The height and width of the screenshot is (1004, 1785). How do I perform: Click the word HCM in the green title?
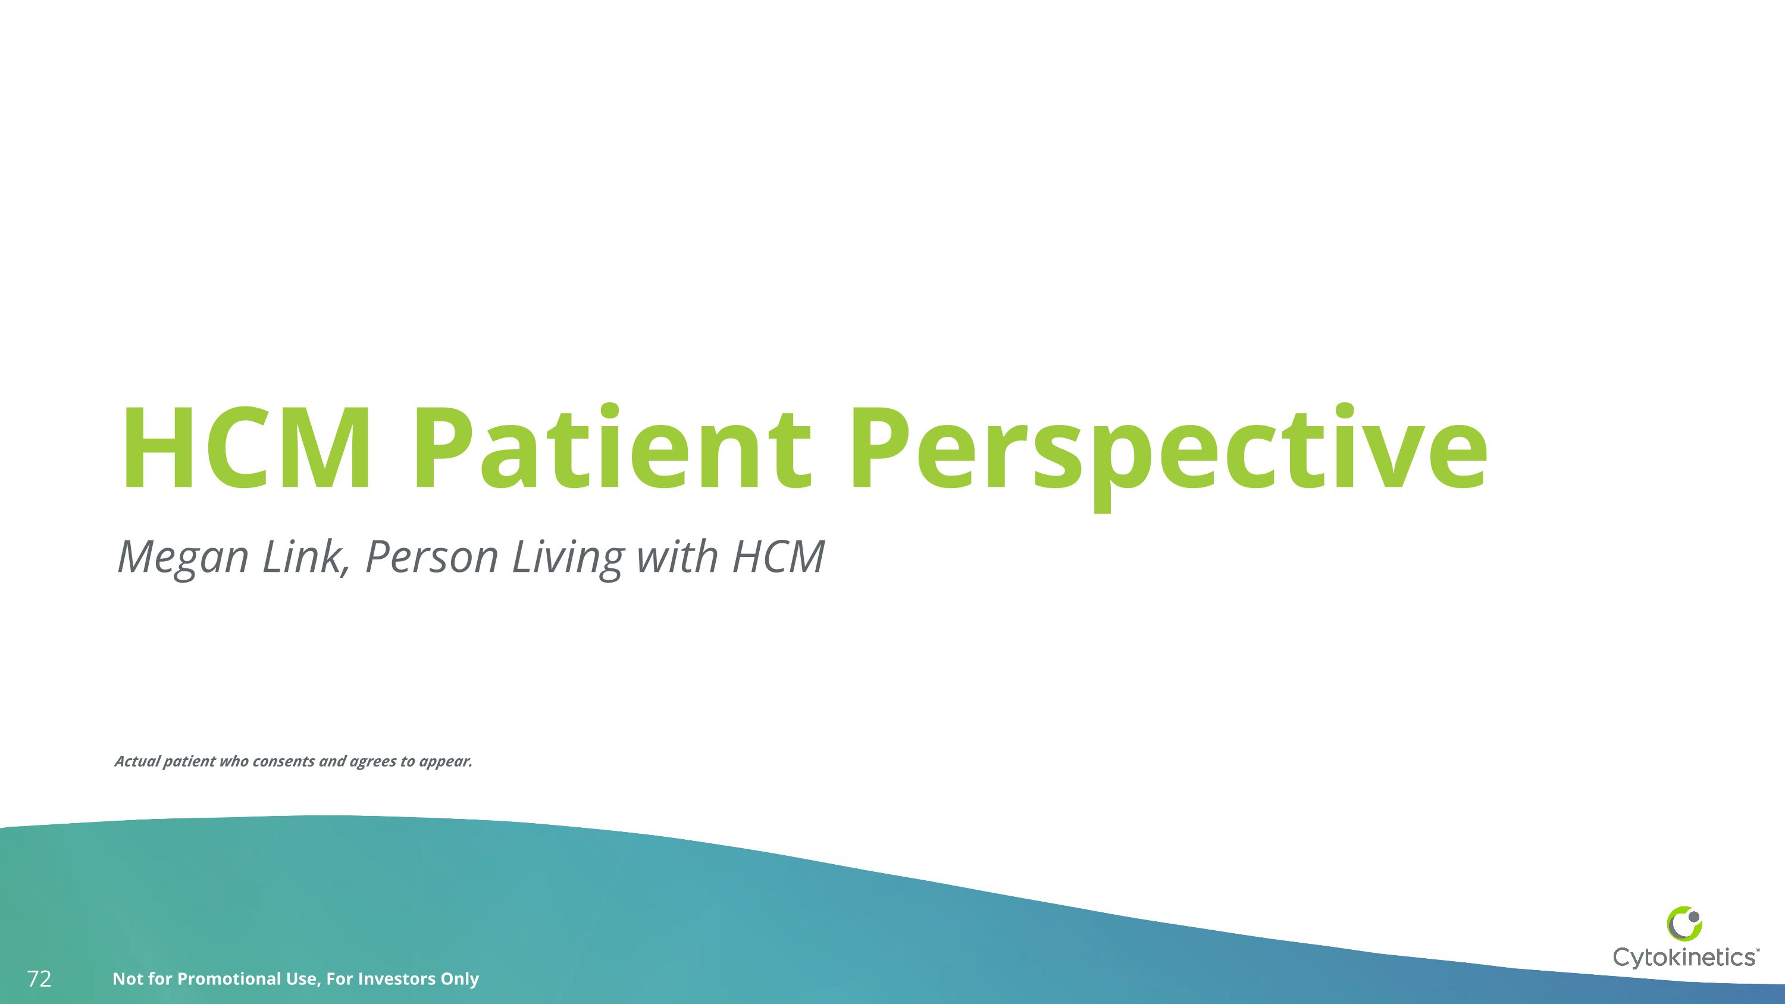[x=246, y=449]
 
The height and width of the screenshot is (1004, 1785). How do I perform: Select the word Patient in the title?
[x=611, y=449]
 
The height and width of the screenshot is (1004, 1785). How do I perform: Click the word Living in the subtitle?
[x=568, y=557]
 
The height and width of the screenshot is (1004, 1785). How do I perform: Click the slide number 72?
[x=39, y=979]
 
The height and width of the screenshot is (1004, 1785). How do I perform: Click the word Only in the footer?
[x=459, y=978]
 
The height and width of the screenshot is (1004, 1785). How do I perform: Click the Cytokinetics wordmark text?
[x=1684, y=957]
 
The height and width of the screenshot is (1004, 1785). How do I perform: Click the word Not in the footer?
[x=127, y=978]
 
